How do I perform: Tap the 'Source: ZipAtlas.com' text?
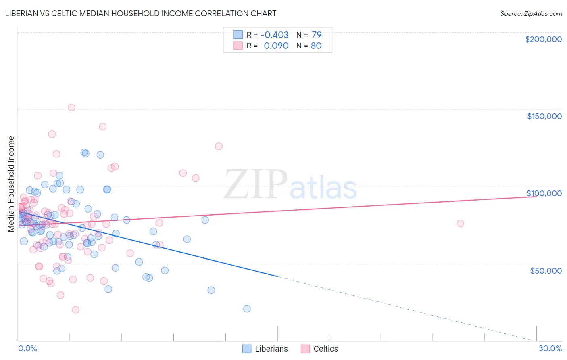[531, 13]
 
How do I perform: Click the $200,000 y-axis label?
[543, 39]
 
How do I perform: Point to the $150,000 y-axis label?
[544, 116]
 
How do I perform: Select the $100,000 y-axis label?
[544, 193]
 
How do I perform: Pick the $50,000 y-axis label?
[546, 270]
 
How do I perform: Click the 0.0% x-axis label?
[27, 348]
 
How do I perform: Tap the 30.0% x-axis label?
[550, 348]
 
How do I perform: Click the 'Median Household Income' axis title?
[11, 184]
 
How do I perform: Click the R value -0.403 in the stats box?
[275, 35]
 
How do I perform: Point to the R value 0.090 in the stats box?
[276, 46]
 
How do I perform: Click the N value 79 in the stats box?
[317, 35]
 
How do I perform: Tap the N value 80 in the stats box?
[316, 46]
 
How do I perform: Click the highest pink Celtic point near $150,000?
[71, 107]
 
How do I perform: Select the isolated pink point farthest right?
[460, 224]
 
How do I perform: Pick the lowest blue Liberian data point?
[247, 309]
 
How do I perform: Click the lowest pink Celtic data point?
[75, 310]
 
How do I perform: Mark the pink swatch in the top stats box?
[238, 46]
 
